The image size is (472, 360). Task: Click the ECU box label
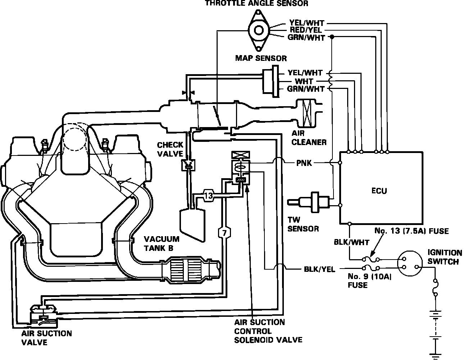pyautogui.click(x=379, y=190)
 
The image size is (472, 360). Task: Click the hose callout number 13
pyautogui.click(x=208, y=195)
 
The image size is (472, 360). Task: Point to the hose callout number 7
pyautogui.click(x=224, y=233)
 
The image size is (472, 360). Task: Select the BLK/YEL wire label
pyautogui.click(x=319, y=269)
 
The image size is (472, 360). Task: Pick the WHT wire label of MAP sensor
pyautogui.click(x=304, y=81)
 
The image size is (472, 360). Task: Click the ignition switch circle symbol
pyautogui.click(x=408, y=262)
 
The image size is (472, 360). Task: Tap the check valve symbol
pyautogui.click(x=188, y=165)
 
